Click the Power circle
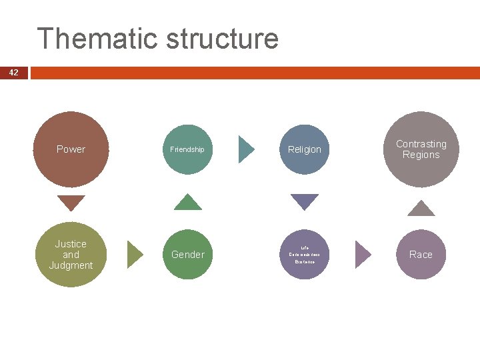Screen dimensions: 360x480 point(71,149)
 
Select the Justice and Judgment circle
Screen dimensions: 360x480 point(71,254)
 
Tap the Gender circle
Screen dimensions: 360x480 point(188,254)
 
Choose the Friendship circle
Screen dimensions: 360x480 point(187,149)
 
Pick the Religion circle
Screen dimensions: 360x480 point(305,149)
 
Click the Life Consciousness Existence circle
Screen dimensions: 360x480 point(305,254)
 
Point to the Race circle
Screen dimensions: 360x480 point(421,254)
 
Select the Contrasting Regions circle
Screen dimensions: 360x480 point(421,149)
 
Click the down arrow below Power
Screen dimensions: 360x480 point(71,202)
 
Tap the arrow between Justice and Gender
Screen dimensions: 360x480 point(135,254)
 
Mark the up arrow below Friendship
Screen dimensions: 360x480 point(187,202)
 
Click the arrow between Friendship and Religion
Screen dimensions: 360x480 point(246,149)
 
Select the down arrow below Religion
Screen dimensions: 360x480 point(305,202)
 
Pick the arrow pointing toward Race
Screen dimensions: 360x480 point(363,254)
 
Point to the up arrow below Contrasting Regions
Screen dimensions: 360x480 point(421,208)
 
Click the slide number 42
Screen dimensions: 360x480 point(14,73)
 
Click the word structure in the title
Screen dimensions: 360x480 point(221,39)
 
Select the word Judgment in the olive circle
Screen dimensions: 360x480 point(71,265)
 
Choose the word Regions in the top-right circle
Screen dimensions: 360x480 point(421,155)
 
